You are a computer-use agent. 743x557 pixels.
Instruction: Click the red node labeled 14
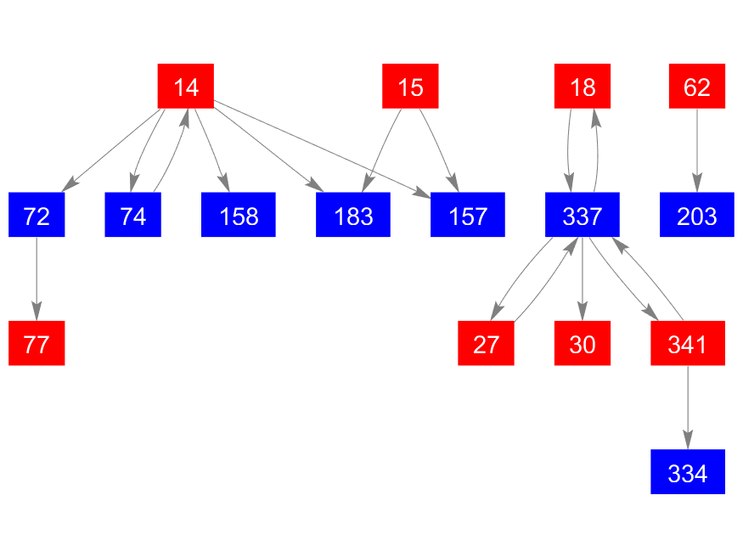[185, 87]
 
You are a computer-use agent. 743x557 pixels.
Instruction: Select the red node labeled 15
[410, 87]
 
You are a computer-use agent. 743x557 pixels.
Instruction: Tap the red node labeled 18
[583, 87]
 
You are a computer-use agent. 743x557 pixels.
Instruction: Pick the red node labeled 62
[696, 87]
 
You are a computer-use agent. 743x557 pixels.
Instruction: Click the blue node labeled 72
[37, 216]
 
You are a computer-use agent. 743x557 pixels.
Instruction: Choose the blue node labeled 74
[133, 216]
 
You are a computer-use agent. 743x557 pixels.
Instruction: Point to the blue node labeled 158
[239, 216]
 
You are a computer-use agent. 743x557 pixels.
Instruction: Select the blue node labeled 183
[353, 216]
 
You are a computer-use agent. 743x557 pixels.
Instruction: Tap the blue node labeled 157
[468, 216]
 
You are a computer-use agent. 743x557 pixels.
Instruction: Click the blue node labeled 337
[583, 216]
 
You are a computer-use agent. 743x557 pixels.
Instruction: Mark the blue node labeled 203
[696, 216]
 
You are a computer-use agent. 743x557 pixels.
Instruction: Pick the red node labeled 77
[37, 344]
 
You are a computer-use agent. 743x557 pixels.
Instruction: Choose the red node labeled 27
[486, 344]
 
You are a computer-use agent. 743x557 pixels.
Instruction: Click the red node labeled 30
[583, 344]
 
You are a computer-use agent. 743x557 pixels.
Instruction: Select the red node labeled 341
[688, 344]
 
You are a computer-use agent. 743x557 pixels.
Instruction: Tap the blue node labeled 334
[688, 472]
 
